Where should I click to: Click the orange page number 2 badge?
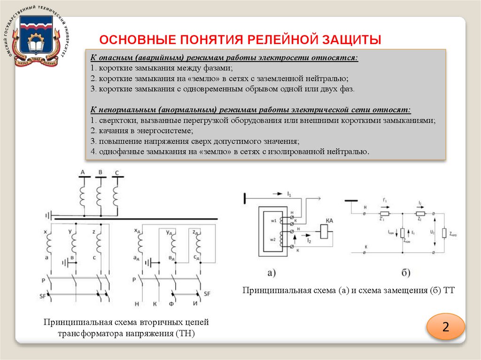click(445, 327)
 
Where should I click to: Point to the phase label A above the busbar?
click(83, 173)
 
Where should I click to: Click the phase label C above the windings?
click(116, 173)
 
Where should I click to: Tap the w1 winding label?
click(272, 221)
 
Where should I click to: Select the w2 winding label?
click(272, 240)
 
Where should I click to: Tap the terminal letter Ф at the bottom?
click(172, 304)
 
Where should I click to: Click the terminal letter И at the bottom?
click(194, 304)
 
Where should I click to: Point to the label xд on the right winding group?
click(137, 231)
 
